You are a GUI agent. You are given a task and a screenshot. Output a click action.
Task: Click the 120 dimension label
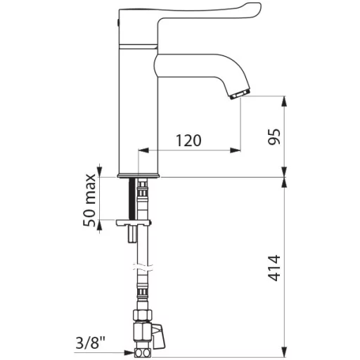coord(188,140)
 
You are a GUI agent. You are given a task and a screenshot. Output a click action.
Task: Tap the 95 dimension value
coord(274,136)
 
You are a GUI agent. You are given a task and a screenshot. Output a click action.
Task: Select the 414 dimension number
coord(274,268)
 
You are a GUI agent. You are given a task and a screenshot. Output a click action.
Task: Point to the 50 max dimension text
coord(89,200)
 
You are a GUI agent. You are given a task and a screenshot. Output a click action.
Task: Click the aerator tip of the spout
coord(240,94)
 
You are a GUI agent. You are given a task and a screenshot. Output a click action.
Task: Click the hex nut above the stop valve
coord(143,315)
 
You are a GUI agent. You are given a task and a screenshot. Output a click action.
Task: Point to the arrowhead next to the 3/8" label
coord(129,352)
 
